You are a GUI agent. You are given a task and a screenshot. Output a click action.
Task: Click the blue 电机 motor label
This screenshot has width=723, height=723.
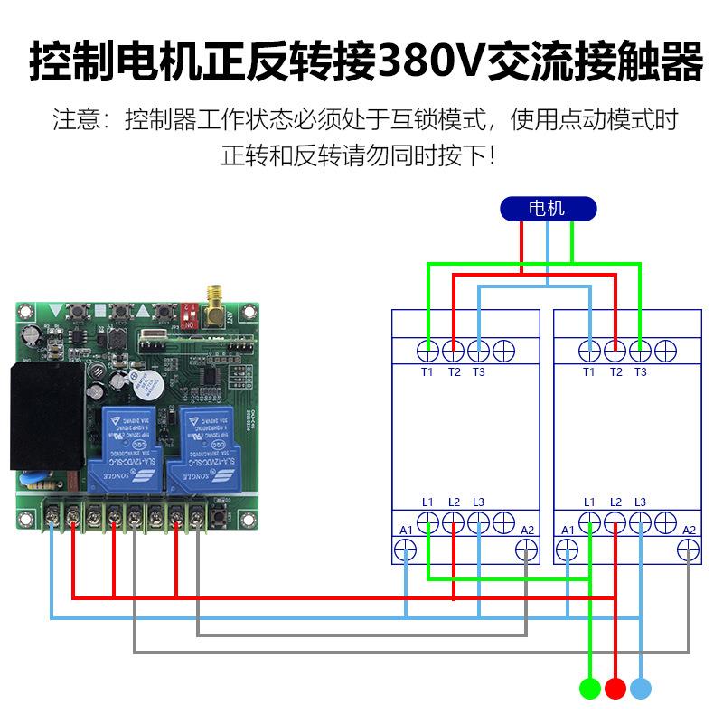[548, 209]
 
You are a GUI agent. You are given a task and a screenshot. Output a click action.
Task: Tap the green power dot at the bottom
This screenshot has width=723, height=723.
[590, 689]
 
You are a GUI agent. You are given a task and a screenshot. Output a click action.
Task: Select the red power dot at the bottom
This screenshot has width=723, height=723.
[615, 689]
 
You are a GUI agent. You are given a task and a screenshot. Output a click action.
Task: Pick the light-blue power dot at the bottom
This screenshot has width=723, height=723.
[641, 689]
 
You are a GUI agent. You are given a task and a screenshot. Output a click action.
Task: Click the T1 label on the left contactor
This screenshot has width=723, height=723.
[427, 372]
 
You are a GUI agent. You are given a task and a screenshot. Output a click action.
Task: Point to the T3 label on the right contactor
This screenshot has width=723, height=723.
[640, 372]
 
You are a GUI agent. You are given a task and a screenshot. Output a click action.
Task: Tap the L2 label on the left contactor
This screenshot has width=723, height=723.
[453, 502]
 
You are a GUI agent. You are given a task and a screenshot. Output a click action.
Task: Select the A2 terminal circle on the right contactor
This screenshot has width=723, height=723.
[690, 549]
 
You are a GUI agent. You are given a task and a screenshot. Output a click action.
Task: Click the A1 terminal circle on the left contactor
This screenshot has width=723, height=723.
[406, 549]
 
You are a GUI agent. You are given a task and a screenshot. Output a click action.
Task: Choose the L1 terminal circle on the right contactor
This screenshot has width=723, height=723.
[590, 522]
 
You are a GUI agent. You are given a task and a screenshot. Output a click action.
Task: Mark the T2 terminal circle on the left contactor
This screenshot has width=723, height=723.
[453, 351]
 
